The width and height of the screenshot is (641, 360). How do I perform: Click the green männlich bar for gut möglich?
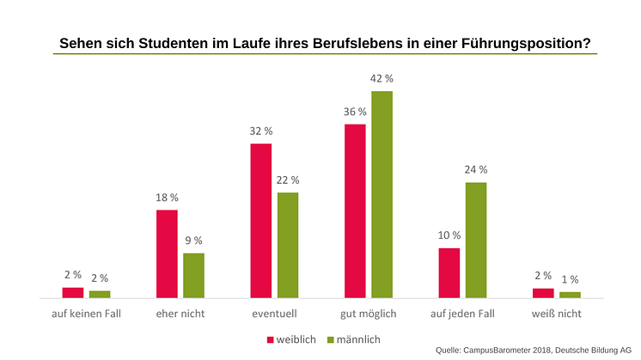(x=382, y=194)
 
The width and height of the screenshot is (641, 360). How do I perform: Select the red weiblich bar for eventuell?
(x=261, y=221)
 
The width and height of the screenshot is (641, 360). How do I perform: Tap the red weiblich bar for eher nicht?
(x=167, y=253)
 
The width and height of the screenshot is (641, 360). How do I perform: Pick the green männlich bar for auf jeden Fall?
(x=475, y=240)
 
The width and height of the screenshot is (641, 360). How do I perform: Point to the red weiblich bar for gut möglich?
(x=355, y=211)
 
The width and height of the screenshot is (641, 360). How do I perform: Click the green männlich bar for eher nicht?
(x=193, y=275)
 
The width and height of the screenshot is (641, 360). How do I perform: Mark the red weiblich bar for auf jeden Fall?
(x=449, y=272)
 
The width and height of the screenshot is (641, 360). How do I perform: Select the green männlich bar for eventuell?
(x=288, y=245)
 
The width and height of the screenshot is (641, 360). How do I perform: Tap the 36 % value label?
(x=355, y=112)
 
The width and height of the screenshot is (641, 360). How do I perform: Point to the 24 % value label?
(x=475, y=170)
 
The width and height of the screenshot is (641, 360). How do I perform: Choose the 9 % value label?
(x=193, y=241)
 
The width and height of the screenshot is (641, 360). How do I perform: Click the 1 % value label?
(x=570, y=279)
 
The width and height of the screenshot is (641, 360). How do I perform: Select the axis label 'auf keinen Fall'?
(x=86, y=314)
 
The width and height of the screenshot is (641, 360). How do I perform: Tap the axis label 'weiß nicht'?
(x=556, y=314)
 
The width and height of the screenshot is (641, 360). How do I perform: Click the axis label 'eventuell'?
(x=274, y=314)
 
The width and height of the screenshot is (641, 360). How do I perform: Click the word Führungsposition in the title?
(x=523, y=42)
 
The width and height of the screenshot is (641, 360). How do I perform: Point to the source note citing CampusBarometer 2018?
(x=534, y=351)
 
